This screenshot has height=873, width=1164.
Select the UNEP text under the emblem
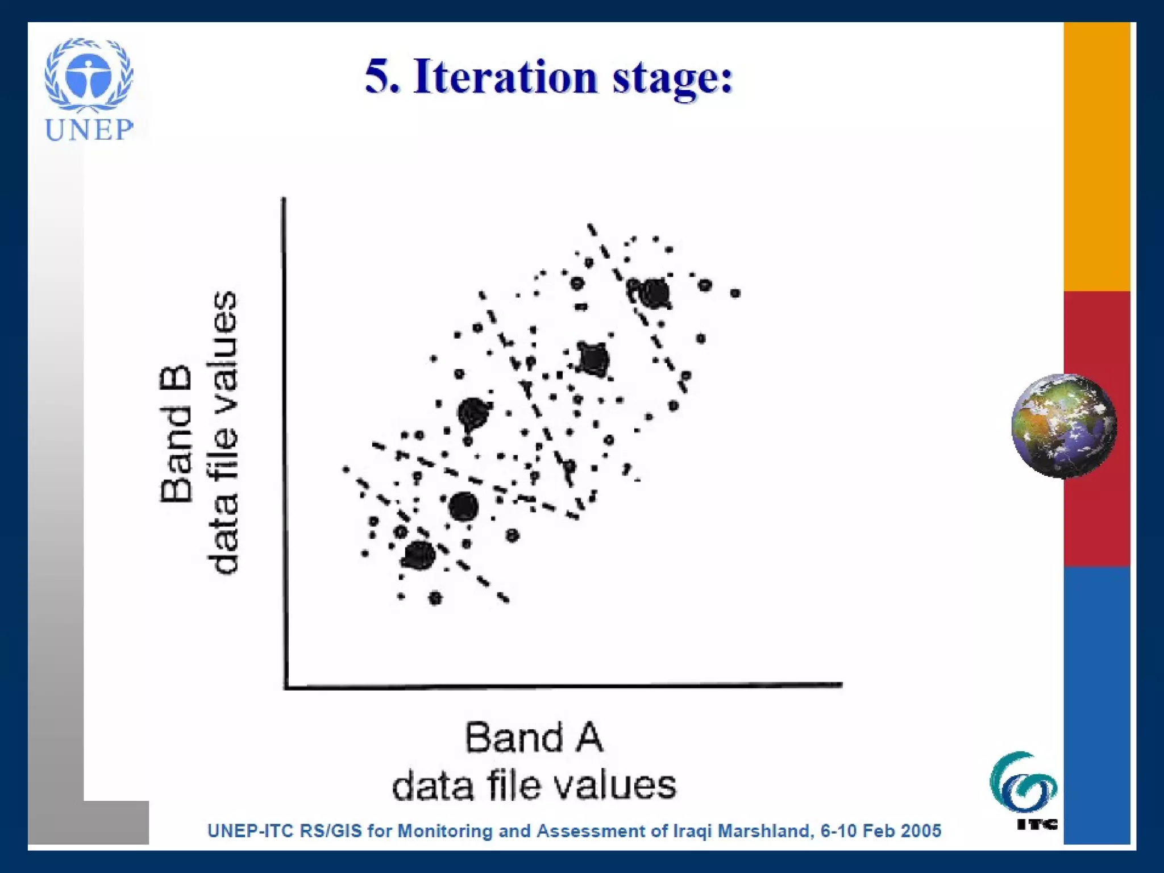tap(89, 130)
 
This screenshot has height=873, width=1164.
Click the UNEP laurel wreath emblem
tap(89, 74)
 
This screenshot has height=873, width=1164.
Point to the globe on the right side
tap(1063, 425)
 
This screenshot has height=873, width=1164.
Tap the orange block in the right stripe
tap(1096, 156)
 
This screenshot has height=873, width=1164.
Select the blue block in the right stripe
tap(1096, 705)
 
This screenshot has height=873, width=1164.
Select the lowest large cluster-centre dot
tap(419, 555)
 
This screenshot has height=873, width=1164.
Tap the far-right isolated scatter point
tap(735, 293)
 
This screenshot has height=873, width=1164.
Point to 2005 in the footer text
tap(920, 831)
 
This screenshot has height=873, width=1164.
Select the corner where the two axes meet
tap(285, 687)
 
